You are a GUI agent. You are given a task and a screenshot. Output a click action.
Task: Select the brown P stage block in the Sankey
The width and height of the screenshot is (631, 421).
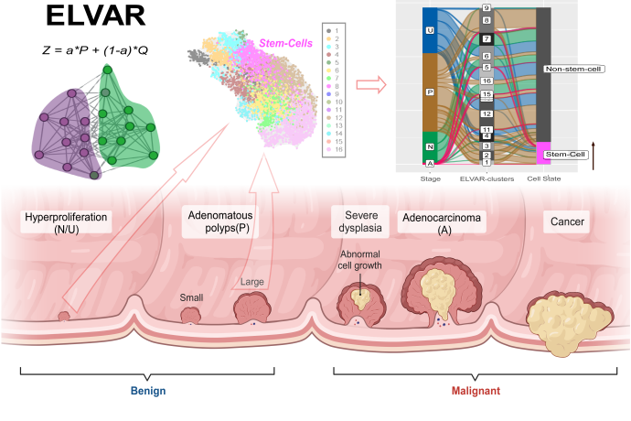431,92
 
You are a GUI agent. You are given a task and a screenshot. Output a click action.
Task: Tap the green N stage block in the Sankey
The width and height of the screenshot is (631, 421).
431,146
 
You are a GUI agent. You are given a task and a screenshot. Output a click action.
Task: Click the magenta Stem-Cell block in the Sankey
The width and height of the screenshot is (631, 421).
543,153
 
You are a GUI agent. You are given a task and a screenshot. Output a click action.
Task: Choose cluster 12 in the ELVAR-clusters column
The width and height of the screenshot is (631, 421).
487,113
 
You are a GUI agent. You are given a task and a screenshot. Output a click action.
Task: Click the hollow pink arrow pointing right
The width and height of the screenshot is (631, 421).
369,85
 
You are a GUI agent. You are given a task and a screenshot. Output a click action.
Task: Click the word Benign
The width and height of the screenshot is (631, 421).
146,388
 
